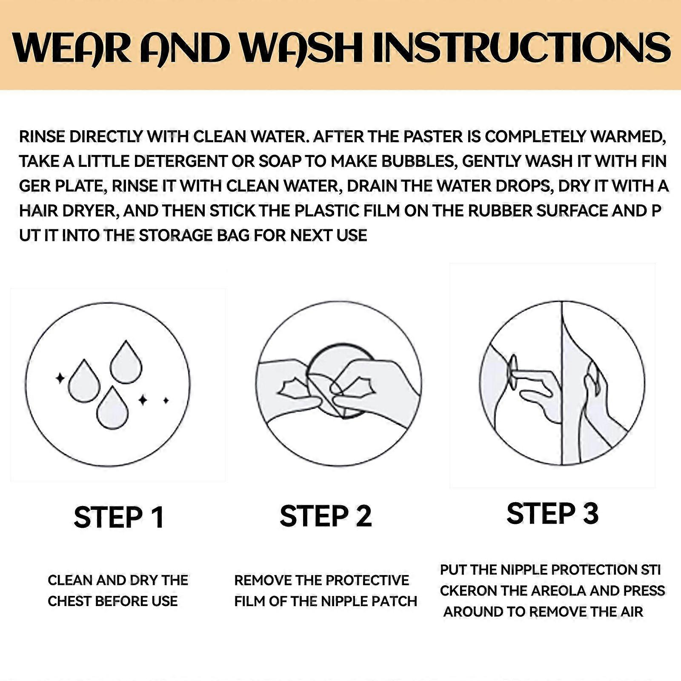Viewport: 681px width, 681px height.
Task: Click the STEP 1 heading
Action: click(x=119, y=517)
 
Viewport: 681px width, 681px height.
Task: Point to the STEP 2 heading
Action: click(x=326, y=516)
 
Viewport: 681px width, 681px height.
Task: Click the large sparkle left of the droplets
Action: click(x=60, y=378)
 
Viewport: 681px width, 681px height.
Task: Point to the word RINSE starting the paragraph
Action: click(x=42, y=137)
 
